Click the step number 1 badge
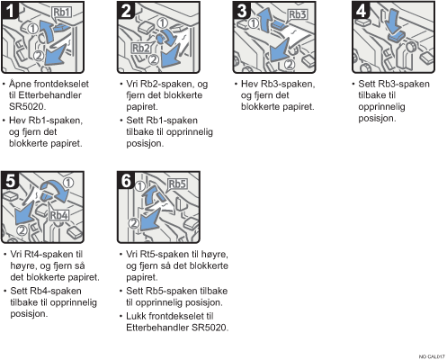coord(10,10)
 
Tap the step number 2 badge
coord(126,10)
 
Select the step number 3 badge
coord(242,10)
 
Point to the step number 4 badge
coord(361,10)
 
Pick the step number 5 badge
coord(10,181)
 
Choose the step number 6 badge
coord(126,181)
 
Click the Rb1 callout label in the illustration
coord(62,13)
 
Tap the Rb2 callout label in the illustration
coord(140,48)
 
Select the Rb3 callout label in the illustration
coord(298,14)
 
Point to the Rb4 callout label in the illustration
coord(58,215)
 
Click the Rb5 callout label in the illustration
coord(177,184)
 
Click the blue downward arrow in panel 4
coord(393,21)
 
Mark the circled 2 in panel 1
coord(39,56)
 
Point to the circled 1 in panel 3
coord(254,22)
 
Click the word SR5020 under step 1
coord(28,106)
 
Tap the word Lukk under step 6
coord(136,316)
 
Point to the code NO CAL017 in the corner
coord(432,356)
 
